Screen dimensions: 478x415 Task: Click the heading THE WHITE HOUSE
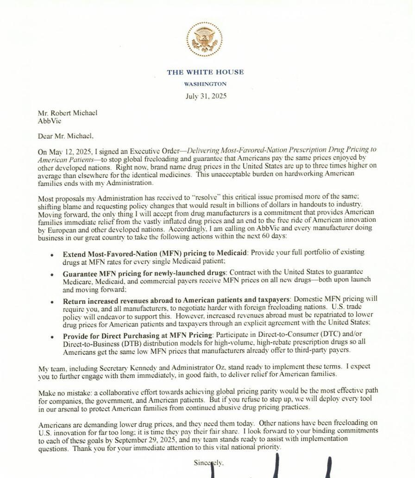point(205,72)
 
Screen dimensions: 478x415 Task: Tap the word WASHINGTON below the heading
point(205,84)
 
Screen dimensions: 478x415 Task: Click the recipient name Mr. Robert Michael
point(68,113)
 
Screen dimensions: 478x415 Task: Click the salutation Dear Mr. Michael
point(66,136)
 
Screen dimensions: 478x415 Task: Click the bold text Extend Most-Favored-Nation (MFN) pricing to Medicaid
point(156,252)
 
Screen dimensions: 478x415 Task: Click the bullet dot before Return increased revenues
point(52,302)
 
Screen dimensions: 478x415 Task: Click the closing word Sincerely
point(208,463)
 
